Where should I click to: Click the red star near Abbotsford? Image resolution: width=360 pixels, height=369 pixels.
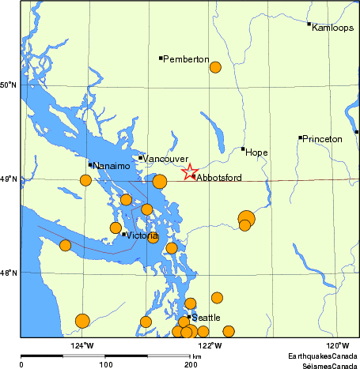coord(190,171)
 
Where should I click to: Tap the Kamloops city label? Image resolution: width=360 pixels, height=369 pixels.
coord(332,28)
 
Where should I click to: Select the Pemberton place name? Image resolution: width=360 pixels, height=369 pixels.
coord(186,59)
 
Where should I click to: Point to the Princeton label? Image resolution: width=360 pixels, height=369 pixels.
coord(323,139)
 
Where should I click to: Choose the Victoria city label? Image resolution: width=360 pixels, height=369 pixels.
coord(143,235)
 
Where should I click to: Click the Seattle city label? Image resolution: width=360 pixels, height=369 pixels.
coord(206,318)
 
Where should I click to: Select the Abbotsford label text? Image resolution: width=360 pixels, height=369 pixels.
coord(219,179)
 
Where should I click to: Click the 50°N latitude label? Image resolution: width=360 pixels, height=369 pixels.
coord(9,85)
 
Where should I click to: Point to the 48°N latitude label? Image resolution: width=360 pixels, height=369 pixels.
coord(9,273)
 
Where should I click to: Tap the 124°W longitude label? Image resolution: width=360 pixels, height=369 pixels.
coord(82,345)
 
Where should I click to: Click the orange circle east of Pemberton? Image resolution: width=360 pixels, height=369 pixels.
coord(215,67)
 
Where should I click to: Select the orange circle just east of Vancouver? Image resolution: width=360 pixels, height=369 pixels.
coord(160,182)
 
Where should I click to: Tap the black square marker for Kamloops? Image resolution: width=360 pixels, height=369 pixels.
coord(309,24)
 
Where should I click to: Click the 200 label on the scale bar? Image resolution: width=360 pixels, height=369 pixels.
coord(190,365)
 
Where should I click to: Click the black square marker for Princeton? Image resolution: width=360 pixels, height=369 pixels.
coord(300,137)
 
